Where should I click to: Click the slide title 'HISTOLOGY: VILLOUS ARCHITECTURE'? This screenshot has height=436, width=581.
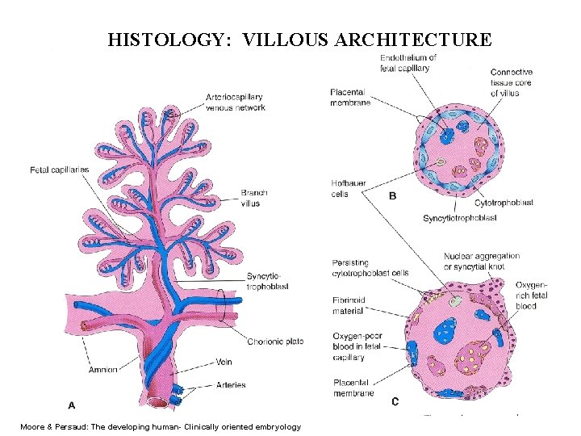[299, 40]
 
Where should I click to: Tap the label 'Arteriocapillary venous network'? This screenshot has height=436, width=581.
[235, 103]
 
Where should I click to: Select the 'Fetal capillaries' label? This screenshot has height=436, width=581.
[59, 170]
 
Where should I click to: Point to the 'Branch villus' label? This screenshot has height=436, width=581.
[253, 198]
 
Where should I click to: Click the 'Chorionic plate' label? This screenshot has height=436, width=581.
[276, 341]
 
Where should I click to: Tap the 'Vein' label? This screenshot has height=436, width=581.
[224, 361]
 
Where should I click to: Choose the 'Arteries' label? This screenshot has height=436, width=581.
[231, 384]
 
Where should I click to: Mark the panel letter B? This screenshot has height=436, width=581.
[393, 196]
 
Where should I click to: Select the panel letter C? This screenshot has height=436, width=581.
[395, 400]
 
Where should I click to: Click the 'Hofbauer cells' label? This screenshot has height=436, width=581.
[349, 189]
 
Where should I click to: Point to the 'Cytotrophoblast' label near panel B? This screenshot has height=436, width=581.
[504, 203]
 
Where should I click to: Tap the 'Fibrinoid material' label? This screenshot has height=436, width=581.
[349, 304]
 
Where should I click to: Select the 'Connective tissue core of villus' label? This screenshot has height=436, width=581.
[512, 82]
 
